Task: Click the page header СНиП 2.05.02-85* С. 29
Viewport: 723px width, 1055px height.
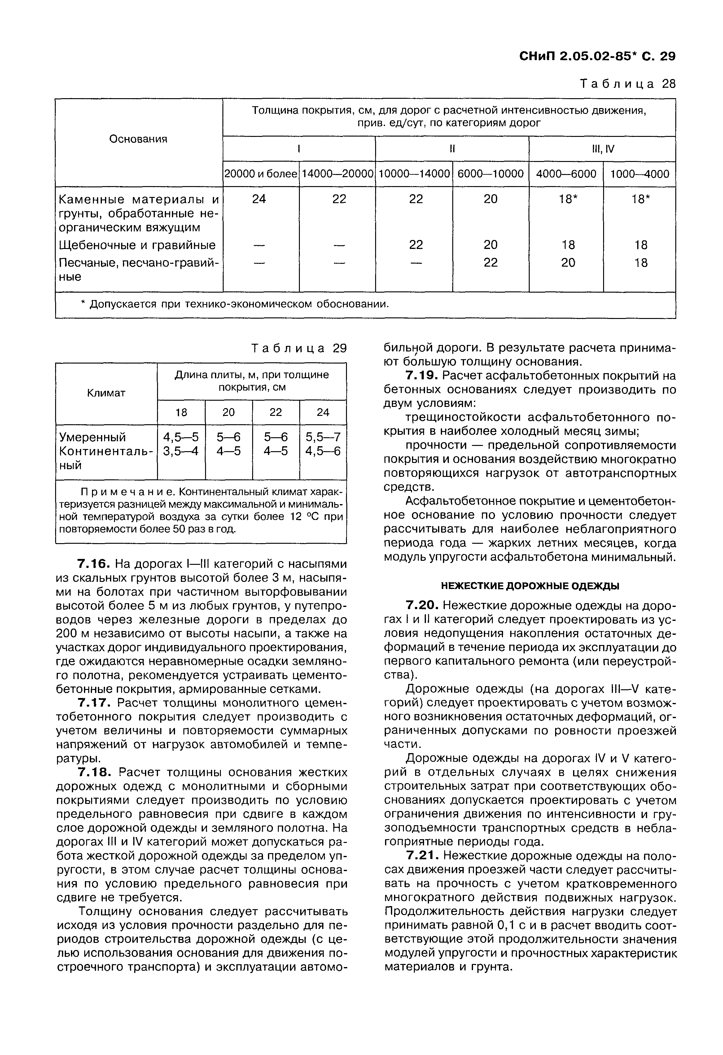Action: click(597, 56)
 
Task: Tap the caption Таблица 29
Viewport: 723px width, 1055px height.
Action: click(299, 348)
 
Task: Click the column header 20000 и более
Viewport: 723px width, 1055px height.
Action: click(261, 174)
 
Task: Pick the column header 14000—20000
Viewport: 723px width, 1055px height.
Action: click(337, 174)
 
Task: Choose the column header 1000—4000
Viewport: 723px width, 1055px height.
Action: click(639, 174)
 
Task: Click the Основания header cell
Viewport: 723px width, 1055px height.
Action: click(138, 139)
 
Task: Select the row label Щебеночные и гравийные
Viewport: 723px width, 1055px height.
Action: click(138, 246)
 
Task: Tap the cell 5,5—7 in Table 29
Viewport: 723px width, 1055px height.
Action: click(323, 437)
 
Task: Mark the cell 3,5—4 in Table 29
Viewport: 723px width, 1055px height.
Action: click(181, 451)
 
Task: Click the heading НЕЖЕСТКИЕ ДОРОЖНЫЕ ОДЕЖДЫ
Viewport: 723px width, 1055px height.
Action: click(530, 586)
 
